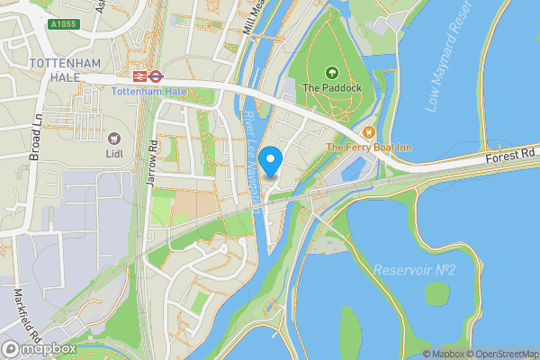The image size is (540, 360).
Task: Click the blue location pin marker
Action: [271, 162]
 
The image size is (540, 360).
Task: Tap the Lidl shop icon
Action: [114, 139]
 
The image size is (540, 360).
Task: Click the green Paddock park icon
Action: [330, 72]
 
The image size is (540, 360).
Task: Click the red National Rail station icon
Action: [139, 77]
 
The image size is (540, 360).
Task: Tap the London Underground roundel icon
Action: [156, 77]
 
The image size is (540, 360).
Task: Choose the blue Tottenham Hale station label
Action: [148, 92]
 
